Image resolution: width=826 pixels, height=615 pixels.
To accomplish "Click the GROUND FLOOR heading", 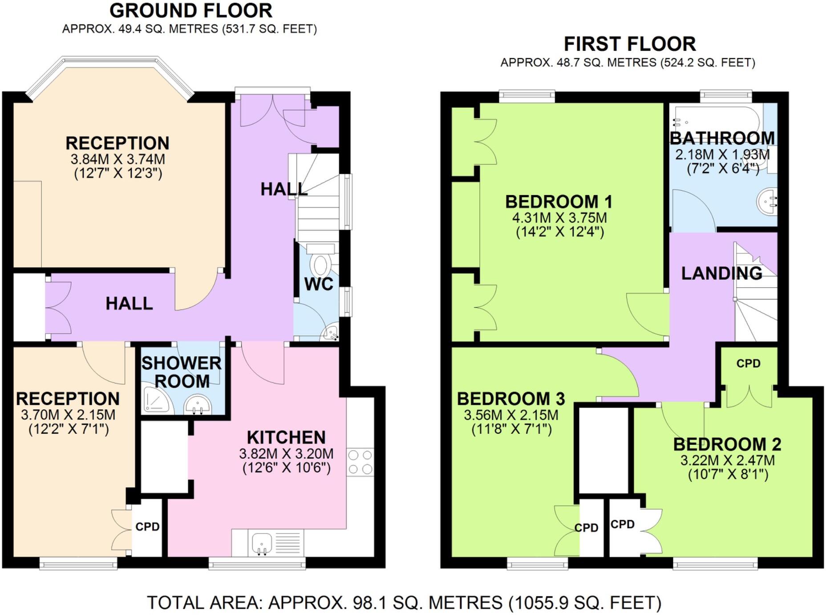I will tap(190, 11).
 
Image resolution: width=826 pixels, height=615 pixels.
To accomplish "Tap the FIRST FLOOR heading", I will tap(629, 44).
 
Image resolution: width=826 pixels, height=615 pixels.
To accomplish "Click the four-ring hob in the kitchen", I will tap(360, 462).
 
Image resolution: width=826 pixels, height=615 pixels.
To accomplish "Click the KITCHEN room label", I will tap(286, 437).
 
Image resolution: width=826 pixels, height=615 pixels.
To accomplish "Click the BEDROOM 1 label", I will tap(559, 202).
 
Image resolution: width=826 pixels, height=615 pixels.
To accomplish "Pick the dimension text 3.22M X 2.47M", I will tap(727, 460).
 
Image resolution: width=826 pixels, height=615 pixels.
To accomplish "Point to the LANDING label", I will tap(721, 273).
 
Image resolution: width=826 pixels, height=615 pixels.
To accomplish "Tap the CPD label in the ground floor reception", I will tap(147, 526).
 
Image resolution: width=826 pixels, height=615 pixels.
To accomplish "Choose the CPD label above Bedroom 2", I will tap(748, 363).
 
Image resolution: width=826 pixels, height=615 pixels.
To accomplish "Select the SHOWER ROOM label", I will tap(182, 372).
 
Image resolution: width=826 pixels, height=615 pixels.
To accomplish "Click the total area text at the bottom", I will tap(404, 603).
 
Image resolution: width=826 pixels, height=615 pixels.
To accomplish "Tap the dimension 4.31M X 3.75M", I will tap(559, 218).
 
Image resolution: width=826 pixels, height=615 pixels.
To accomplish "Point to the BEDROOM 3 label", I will tap(511, 399).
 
